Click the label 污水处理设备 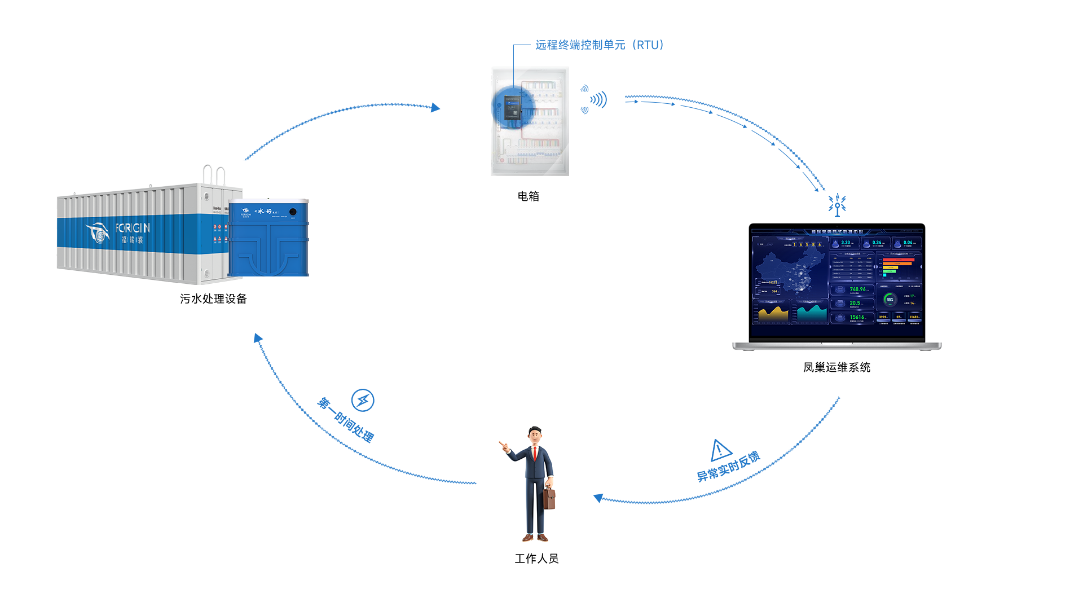click(213, 299)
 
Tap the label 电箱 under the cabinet click(529, 196)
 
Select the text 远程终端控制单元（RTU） click(600, 45)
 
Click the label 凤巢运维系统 click(837, 367)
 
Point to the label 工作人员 click(536, 559)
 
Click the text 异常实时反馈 click(728, 467)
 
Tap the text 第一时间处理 click(346, 420)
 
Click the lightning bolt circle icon click(363, 400)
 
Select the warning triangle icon click(720, 450)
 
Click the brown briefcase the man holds click(549, 498)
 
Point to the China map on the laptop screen click(790, 271)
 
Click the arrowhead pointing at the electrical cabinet click(435, 107)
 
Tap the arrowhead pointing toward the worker click(598, 498)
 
